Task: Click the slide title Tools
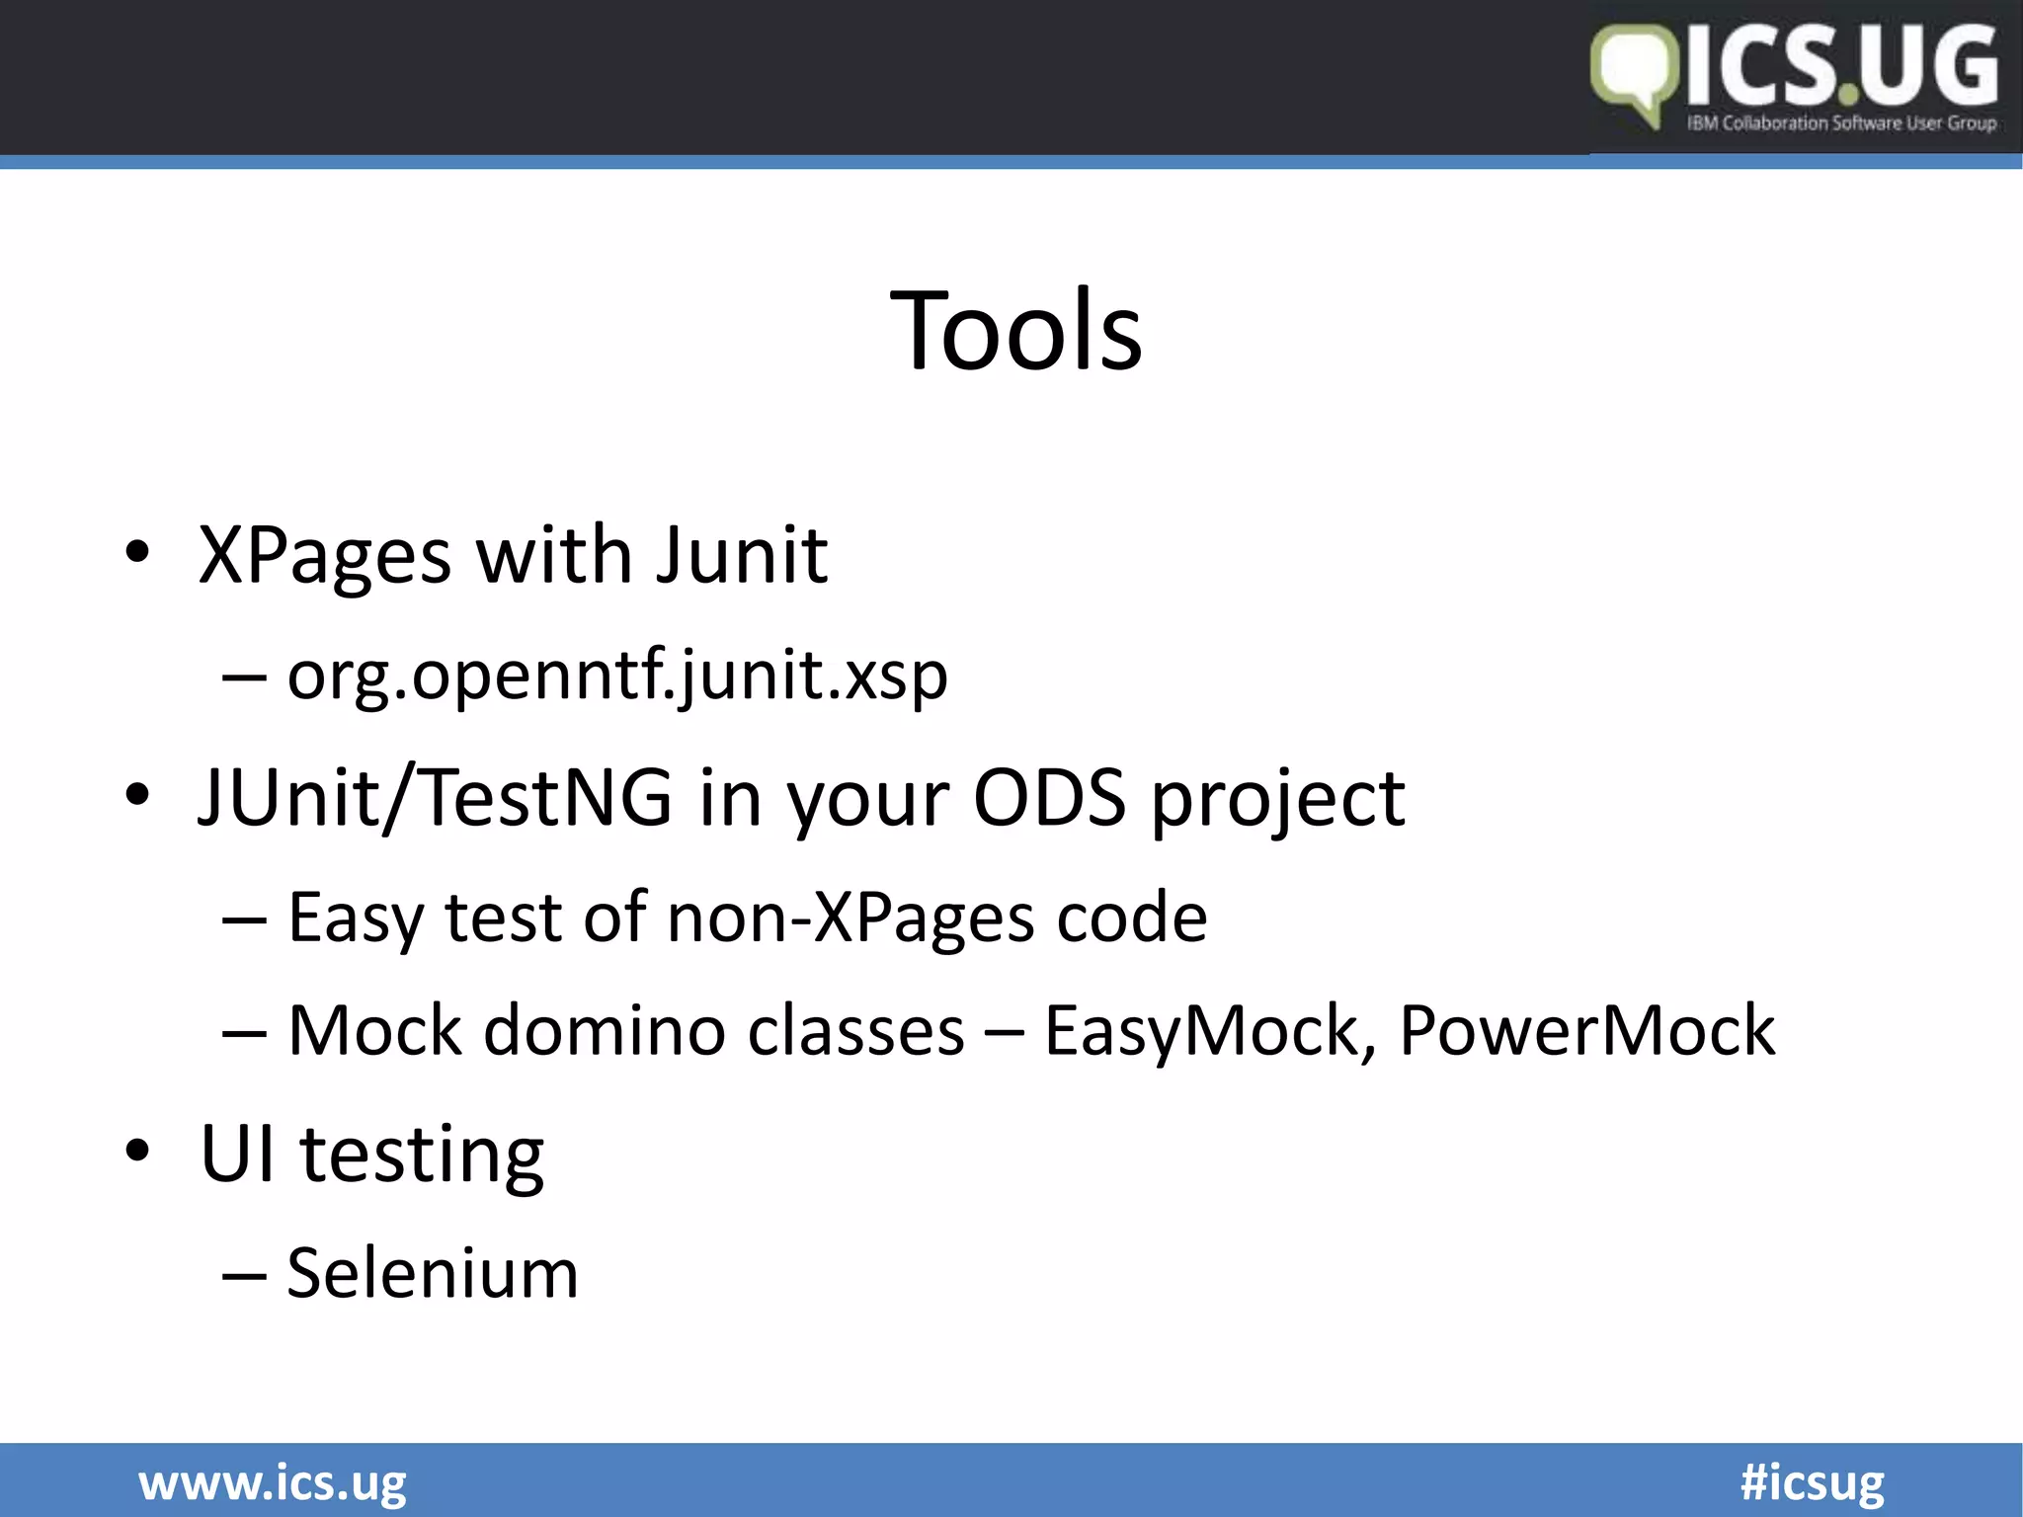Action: pos(1015,331)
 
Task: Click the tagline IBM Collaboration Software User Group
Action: pos(1841,123)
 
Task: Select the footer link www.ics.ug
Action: pos(273,1483)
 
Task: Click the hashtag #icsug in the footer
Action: pos(1812,1483)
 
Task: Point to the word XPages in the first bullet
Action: pos(325,556)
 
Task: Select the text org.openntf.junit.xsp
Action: pos(617,677)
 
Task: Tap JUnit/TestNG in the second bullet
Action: pos(436,797)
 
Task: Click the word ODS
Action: pos(1049,797)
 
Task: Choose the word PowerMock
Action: pos(1587,1031)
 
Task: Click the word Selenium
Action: pos(433,1273)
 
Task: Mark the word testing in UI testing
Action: pos(422,1156)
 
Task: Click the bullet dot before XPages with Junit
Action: pos(138,553)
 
